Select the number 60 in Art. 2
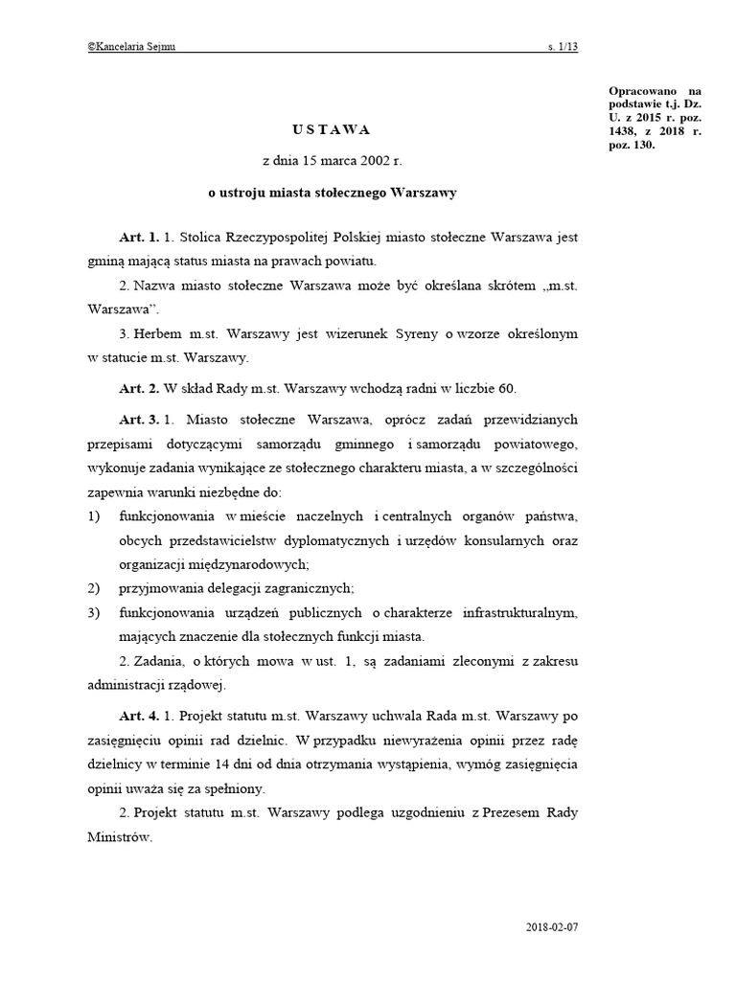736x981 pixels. (507, 389)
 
